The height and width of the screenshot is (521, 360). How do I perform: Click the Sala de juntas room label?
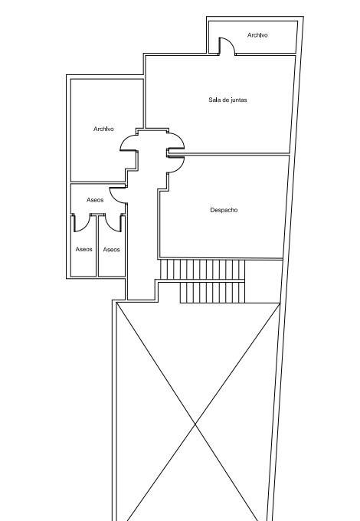[x=227, y=100]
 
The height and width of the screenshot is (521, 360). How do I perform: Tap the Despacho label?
[x=224, y=210]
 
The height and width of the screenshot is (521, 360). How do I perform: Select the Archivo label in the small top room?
[x=257, y=35]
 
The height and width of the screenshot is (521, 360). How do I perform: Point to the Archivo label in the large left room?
[x=103, y=129]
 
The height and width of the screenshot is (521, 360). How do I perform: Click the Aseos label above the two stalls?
[x=95, y=200]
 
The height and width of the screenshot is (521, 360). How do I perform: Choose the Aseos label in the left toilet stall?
[x=83, y=249]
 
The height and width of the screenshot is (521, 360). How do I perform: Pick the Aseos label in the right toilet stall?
[x=111, y=250]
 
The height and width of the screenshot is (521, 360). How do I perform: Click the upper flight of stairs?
[x=202, y=270]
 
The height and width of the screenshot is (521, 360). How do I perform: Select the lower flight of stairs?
[x=212, y=293]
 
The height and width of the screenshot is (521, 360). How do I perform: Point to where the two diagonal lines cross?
[x=195, y=424]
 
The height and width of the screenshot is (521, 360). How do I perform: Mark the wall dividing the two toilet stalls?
[x=97, y=245]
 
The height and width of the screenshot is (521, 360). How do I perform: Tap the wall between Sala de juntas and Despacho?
[x=229, y=154]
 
